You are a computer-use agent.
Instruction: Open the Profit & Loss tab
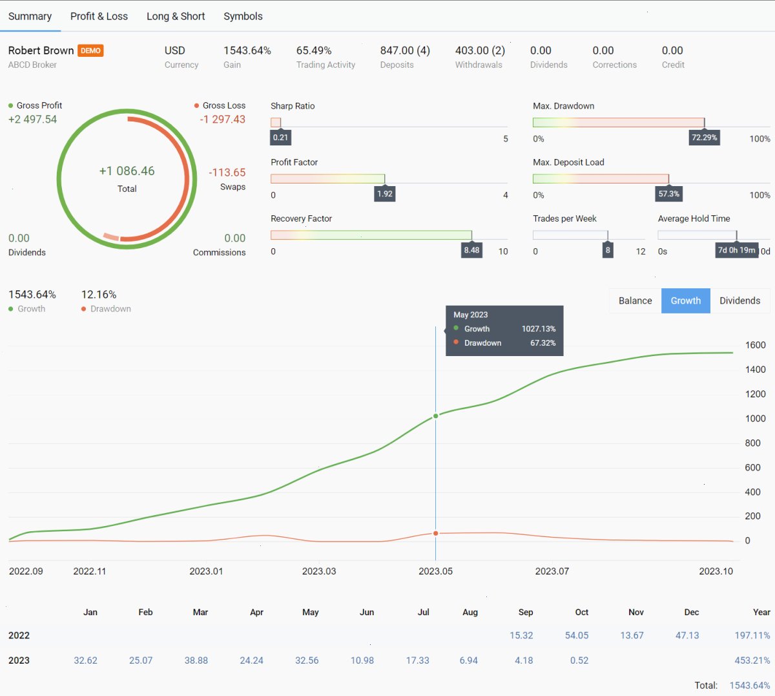99,16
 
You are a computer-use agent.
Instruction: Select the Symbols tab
243,16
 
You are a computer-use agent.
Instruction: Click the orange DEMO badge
90,50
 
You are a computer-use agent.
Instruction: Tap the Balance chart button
635,301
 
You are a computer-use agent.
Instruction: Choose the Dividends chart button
740,301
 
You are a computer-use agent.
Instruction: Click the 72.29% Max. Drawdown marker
704,138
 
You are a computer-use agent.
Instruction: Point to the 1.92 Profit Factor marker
384,194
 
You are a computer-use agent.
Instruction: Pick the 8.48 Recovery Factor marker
471,250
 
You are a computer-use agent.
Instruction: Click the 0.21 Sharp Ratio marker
280,138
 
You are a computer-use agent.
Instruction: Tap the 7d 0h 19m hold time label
736,250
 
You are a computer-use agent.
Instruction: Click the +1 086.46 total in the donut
127,171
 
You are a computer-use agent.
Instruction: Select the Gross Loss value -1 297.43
222,119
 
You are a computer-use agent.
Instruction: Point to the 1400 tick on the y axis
755,370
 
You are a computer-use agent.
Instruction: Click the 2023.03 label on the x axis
319,571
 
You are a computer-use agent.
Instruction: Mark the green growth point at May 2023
436,416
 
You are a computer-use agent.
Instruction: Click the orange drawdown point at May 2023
436,533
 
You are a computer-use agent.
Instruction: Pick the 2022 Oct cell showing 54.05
577,635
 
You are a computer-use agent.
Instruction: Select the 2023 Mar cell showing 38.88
196,660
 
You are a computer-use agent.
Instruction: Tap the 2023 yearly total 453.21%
752,660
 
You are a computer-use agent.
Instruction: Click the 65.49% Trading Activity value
314,50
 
